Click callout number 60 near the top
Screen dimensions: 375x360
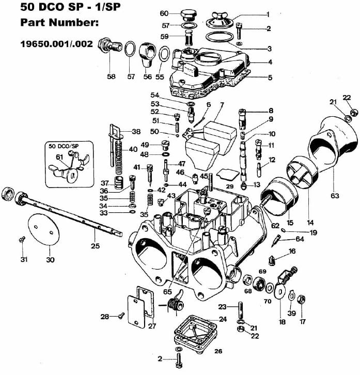[x=164, y=13]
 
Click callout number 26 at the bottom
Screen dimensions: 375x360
[x=218, y=351]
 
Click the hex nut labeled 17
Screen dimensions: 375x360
[x=303, y=299]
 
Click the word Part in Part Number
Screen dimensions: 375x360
[x=32, y=24]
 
